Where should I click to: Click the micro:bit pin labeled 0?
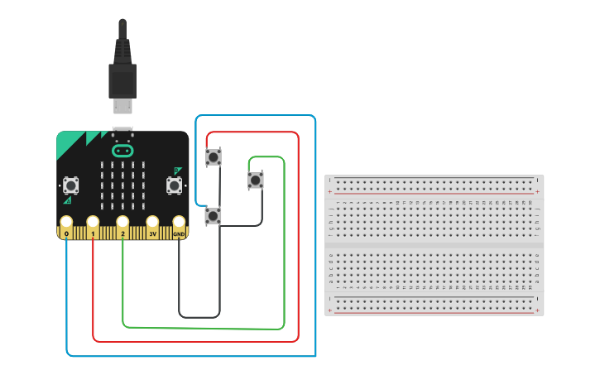65,223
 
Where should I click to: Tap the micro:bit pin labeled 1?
93,223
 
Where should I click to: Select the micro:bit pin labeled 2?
122,223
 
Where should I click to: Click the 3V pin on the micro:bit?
152,223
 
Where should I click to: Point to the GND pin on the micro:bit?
179,223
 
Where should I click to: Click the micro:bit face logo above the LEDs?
122,151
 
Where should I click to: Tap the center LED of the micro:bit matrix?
122,185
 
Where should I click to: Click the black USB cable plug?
122,79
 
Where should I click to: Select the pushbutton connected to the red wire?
214,156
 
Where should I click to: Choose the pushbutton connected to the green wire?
256,180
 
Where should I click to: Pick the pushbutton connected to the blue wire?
214,215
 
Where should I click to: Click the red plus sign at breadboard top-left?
330,191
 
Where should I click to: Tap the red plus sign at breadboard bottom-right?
538,311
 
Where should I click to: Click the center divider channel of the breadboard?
434,246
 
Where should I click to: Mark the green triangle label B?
176,171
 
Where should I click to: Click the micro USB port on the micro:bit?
122,130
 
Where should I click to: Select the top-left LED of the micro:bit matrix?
103,166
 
